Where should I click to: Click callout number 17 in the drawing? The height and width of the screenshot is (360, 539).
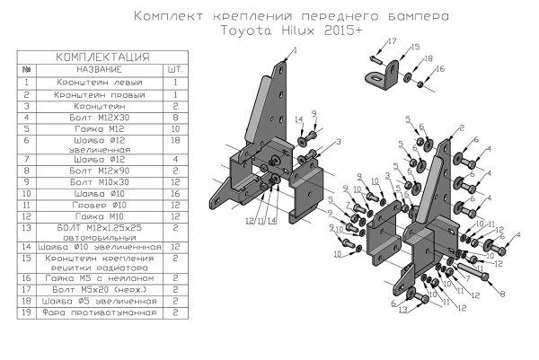tap(392, 42)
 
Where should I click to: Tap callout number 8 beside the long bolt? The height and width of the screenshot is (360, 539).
tap(501, 293)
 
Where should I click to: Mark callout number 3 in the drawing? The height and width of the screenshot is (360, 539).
tap(340, 142)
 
